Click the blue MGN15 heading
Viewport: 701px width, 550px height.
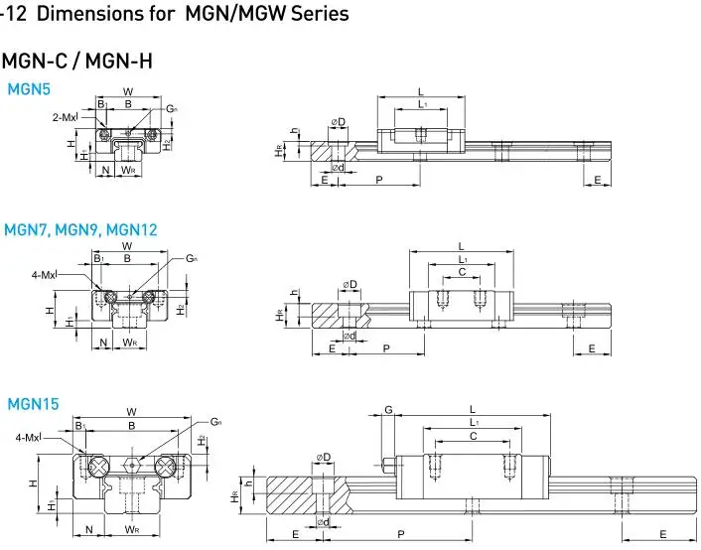point(33,404)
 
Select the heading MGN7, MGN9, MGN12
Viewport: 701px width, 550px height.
point(80,229)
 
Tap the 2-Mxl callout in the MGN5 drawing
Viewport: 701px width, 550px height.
point(64,117)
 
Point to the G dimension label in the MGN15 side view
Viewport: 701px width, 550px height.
point(389,409)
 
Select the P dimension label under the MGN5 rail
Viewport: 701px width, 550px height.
point(379,179)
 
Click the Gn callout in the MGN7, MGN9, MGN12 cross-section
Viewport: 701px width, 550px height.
point(190,258)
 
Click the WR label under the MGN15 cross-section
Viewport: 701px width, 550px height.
point(132,531)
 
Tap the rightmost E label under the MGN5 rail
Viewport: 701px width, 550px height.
point(597,179)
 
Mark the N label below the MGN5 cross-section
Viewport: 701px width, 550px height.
point(106,170)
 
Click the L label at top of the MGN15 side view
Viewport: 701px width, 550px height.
point(473,409)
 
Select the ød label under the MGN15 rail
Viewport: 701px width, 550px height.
point(323,522)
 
